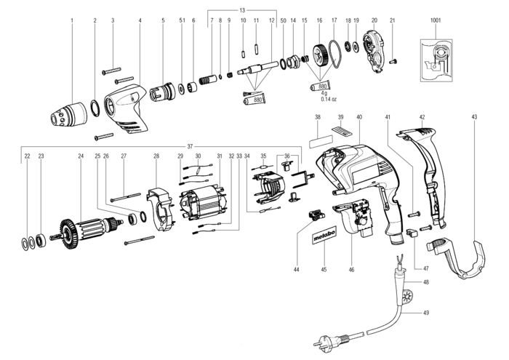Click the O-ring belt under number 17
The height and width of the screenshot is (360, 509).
[334, 55]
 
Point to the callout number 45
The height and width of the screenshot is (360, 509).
[323, 270]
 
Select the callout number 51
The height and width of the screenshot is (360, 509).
[181, 20]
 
